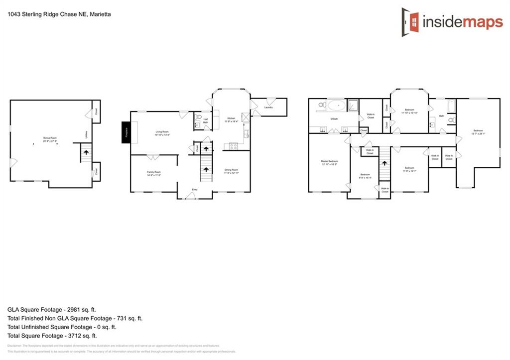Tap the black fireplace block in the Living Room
(127, 132)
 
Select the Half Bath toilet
(198, 118)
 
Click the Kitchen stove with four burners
(233, 146)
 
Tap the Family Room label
(153, 173)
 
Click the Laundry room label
(268, 107)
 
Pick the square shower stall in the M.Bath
(353, 105)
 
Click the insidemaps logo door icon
(410, 20)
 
